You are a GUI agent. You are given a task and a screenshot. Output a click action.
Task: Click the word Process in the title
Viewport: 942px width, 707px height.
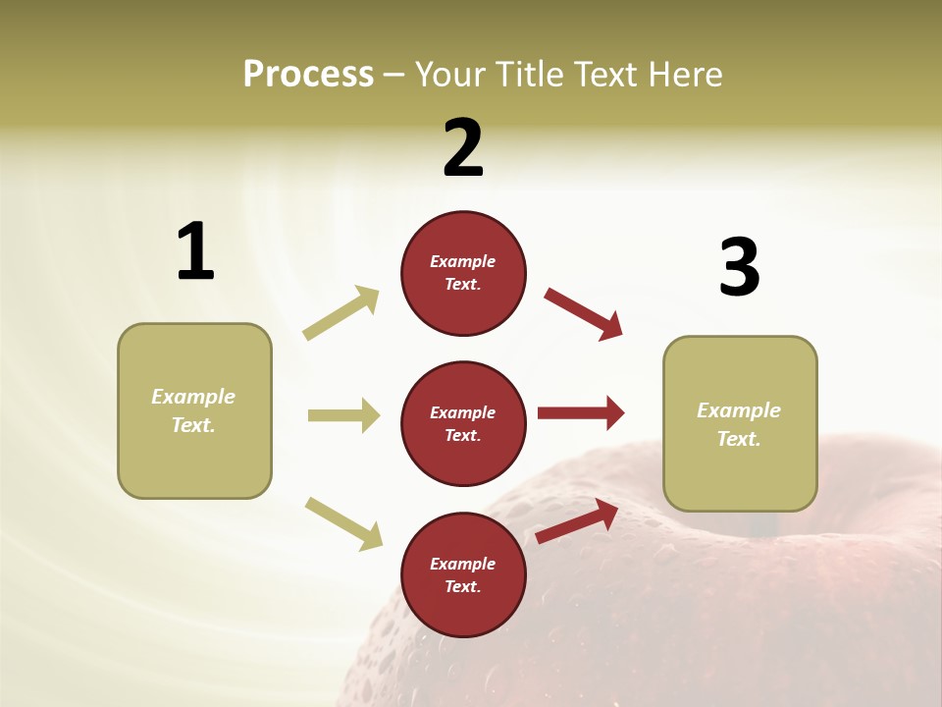[x=308, y=74]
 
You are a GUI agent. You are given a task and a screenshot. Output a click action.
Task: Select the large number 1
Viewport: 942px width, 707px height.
[x=195, y=251]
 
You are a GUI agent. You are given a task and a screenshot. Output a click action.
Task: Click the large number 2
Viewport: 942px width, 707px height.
[x=463, y=148]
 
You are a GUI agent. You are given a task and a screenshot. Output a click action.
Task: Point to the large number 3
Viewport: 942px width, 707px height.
[x=739, y=267]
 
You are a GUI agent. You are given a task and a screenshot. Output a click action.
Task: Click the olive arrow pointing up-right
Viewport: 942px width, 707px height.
[x=341, y=313]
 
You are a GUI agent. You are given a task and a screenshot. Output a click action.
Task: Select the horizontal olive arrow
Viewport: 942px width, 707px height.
[x=343, y=415]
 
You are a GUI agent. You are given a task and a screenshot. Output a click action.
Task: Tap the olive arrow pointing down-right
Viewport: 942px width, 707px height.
[x=343, y=523]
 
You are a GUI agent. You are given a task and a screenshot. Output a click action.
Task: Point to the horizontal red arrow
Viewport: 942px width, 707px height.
[x=581, y=413]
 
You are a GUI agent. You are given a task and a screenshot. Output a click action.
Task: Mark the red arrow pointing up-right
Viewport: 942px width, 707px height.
[x=577, y=521]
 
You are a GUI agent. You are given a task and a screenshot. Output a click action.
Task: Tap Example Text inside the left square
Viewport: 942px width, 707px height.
[x=193, y=410]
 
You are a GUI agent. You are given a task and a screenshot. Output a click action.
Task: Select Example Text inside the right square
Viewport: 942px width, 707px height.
[x=739, y=424]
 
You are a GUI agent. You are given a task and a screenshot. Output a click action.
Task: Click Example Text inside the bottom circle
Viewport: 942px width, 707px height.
[x=462, y=574]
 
